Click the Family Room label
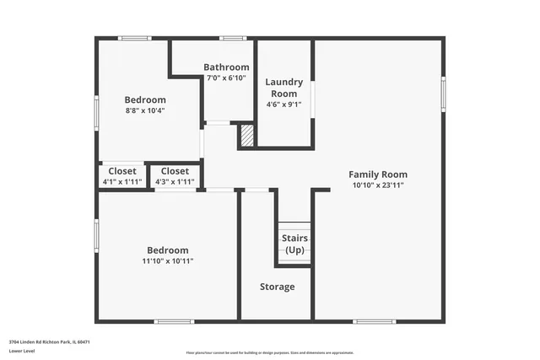[x=377, y=175]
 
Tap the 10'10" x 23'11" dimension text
[x=377, y=185]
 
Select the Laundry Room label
[x=283, y=87]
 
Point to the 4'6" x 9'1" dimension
[x=283, y=105]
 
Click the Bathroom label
[x=226, y=67]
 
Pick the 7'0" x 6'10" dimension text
[x=226, y=78]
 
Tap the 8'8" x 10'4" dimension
[x=145, y=110]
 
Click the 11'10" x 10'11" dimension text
[x=168, y=261]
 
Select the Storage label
[x=277, y=287]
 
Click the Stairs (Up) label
[x=294, y=244]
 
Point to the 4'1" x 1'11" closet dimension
[x=121, y=181]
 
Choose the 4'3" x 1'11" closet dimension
[x=175, y=181]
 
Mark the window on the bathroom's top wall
[x=232, y=38]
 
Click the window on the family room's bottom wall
[x=374, y=321]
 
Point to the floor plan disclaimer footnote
[x=270, y=352]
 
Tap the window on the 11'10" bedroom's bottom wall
[x=174, y=321]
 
